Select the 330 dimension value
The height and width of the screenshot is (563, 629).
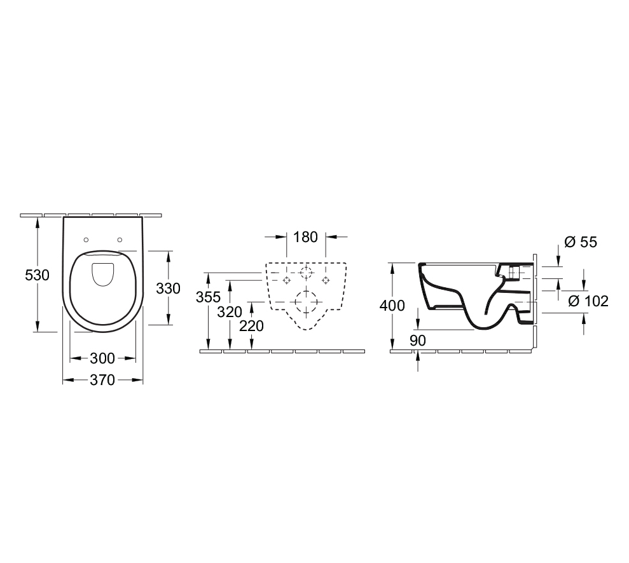coord(169,288)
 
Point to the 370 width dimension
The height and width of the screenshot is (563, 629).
coord(102,381)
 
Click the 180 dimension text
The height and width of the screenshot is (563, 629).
coord(305,237)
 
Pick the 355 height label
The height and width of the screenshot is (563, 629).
coord(208,297)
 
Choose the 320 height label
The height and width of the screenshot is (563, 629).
coord(230,311)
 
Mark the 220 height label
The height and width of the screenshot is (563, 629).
coord(252,326)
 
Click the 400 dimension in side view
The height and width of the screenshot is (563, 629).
coord(392,306)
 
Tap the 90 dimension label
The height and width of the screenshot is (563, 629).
coord(417,341)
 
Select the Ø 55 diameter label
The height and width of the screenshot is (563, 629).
coord(581,242)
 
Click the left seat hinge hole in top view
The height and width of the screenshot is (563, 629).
coord(86,240)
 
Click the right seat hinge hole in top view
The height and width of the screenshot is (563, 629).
coord(120,240)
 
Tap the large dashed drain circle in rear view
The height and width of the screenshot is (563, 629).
coord(306,301)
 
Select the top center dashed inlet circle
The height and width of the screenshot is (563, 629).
coord(306,273)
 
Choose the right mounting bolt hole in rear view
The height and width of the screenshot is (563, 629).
coord(326,280)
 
